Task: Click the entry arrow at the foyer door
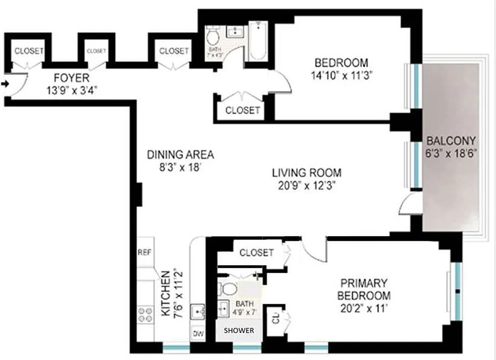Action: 5,84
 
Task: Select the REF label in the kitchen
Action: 144,252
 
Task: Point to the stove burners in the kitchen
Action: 145,314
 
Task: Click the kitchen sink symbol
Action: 198,311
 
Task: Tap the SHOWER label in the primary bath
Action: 239,331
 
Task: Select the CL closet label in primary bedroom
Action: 275,320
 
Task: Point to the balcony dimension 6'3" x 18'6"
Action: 451,152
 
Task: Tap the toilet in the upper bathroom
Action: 212,35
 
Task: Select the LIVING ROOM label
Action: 307,172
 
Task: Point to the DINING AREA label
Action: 180,155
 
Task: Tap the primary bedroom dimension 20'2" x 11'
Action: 364,309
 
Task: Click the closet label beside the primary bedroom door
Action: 256,253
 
